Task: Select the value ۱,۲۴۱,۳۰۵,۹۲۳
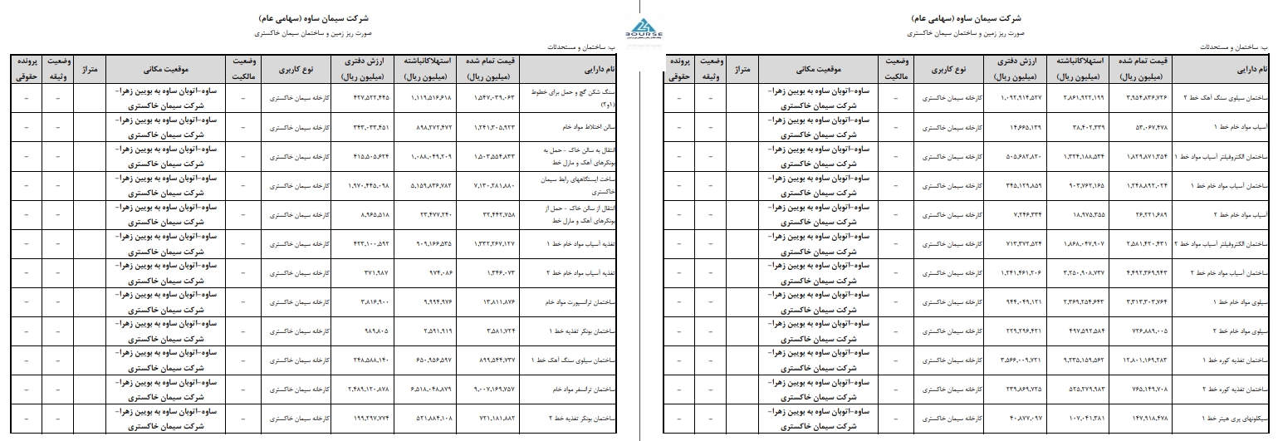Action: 494,128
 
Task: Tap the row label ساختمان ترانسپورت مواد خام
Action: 567,302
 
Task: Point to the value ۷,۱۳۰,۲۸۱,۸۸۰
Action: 494,186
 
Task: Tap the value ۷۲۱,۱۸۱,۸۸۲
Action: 494,419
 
